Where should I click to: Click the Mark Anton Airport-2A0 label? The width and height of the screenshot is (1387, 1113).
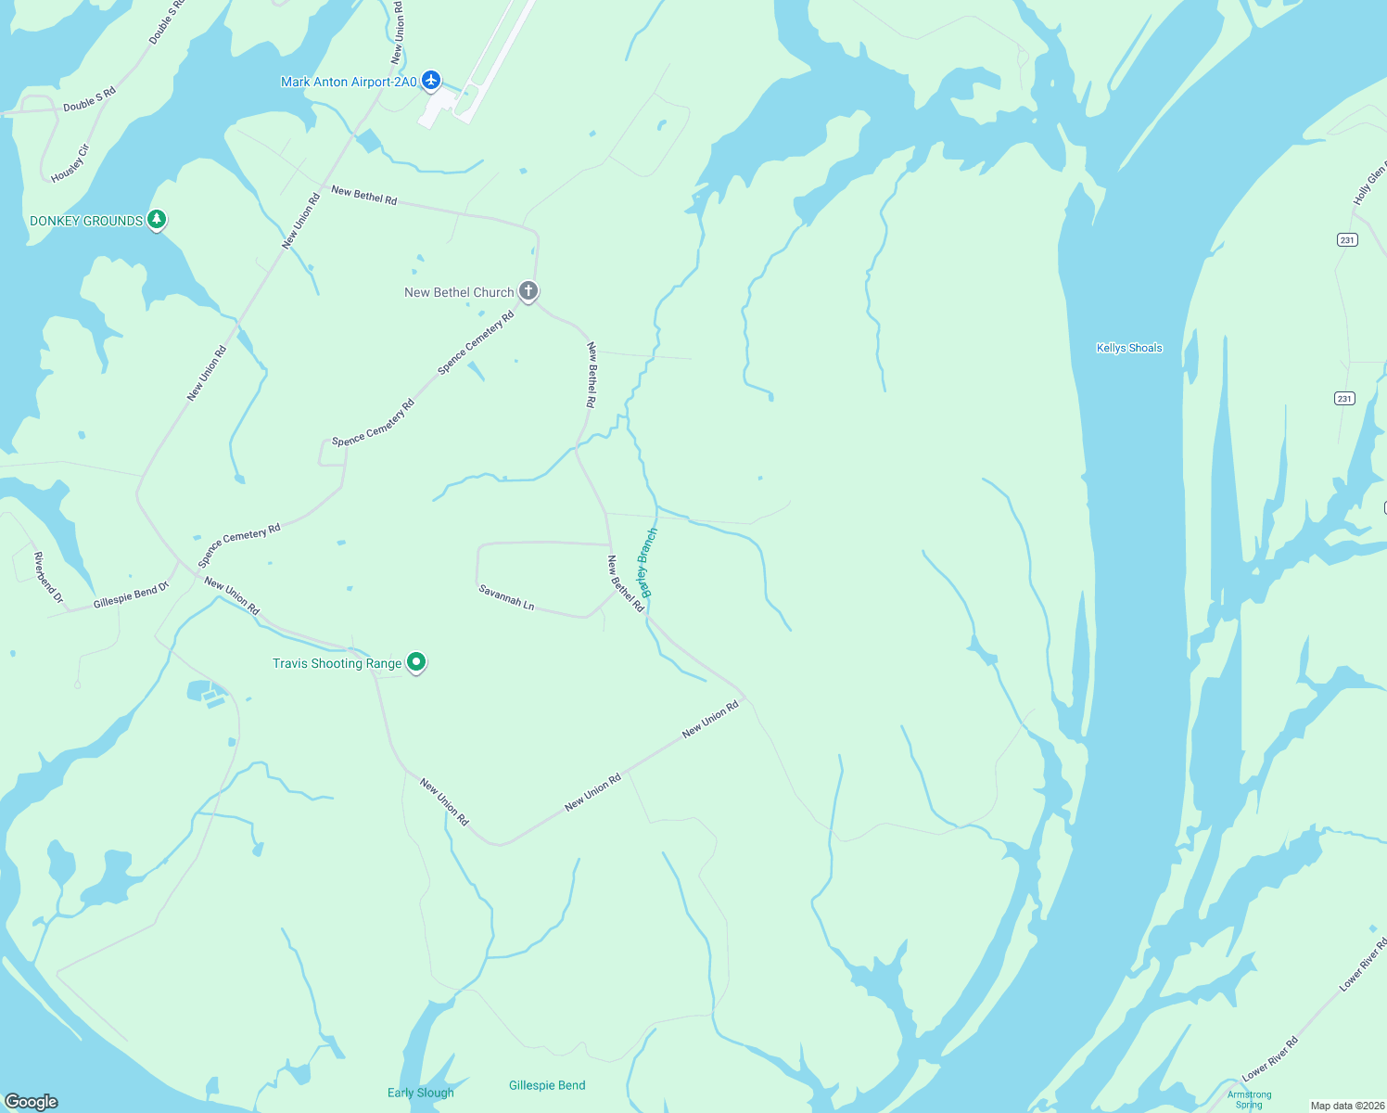pos(349,83)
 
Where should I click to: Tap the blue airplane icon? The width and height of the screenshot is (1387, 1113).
pos(430,81)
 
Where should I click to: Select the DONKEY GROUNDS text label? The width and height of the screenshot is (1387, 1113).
pos(86,221)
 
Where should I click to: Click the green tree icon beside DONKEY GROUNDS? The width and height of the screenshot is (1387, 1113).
pos(158,219)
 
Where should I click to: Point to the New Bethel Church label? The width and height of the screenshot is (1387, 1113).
pos(459,292)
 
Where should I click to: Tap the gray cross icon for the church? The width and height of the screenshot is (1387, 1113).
pos(528,291)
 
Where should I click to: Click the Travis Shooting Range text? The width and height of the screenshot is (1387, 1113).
pos(337,663)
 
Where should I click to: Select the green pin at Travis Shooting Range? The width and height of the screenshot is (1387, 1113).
pos(416,662)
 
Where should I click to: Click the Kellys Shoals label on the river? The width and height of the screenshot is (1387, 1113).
pos(1128,348)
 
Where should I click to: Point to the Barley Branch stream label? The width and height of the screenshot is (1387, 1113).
pos(648,562)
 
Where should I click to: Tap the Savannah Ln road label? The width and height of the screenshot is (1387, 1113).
pos(506,597)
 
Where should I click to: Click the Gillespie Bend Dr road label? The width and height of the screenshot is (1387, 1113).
pos(132,595)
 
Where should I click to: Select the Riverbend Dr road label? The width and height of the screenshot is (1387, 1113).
pos(48,578)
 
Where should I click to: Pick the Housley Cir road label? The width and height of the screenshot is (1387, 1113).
pos(70,163)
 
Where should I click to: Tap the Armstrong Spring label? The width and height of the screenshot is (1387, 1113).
pos(1249,1099)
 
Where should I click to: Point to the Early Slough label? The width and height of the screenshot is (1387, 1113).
pos(420,1093)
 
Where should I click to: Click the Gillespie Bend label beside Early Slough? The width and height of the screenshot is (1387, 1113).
pos(547,1085)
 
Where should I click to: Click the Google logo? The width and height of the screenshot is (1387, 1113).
pos(32,1101)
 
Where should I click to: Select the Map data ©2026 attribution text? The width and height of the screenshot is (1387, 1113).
pos(1347,1106)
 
